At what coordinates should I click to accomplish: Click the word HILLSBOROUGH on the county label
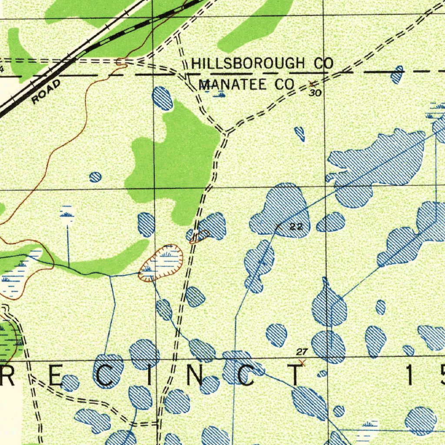[248, 64]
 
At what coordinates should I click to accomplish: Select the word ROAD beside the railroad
[46, 92]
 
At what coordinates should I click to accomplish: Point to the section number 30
[315, 93]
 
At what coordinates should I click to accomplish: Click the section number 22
[296, 227]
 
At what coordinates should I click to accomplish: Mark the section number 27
[302, 352]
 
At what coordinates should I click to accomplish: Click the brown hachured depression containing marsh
[161, 262]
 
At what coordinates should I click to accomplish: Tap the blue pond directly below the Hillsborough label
[163, 98]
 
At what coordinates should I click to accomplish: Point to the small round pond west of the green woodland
[96, 177]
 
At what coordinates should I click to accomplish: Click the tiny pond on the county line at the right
[397, 75]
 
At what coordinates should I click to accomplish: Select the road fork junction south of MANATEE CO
[226, 132]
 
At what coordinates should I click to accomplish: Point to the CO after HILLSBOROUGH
[323, 64]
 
